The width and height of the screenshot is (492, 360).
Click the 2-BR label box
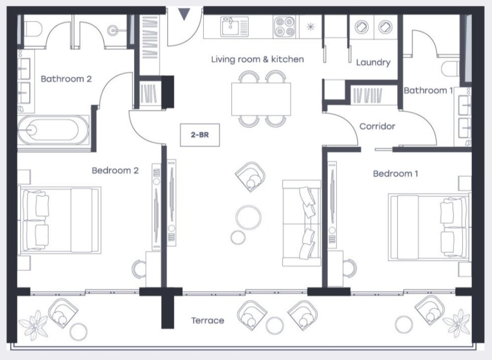pyautogui.click(x=200, y=135)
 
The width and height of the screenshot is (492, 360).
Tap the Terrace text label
pyautogui.click(x=208, y=321)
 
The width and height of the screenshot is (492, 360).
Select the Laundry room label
pyautogui.click(x=373, y=63)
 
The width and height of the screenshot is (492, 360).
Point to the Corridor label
pyautogui.click(x=377, y=126)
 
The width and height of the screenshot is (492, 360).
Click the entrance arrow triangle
pyautogui.click(x=184, y=14)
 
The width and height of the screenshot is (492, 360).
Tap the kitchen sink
pyautogui.click(x=234, y=27)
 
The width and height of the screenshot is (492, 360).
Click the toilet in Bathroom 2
pyautogui.click(x=33, y=29)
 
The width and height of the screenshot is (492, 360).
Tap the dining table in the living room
pyautogui.click(x=261, y=99)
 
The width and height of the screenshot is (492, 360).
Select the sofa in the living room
pyautogui.click(x=302, y=223)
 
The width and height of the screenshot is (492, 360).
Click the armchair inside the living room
pyautogui.click(x=250, y=177)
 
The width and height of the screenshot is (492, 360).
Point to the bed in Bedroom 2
pyautogui.click(x=60, y=220)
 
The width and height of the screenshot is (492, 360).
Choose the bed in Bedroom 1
pyautogui.click(x=429, y=228)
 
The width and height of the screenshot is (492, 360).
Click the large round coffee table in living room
pyautogui.click(x=248, y=217)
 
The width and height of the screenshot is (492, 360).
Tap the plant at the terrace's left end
pyautogui.click(x=33, y=325)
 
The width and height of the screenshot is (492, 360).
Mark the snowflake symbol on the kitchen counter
pyautogui.click(x=311, y=27)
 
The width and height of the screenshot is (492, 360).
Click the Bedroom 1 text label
pyautogui.click(x=395, y=173)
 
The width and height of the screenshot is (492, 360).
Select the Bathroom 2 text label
pyautogui.click(x=66, y=79)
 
